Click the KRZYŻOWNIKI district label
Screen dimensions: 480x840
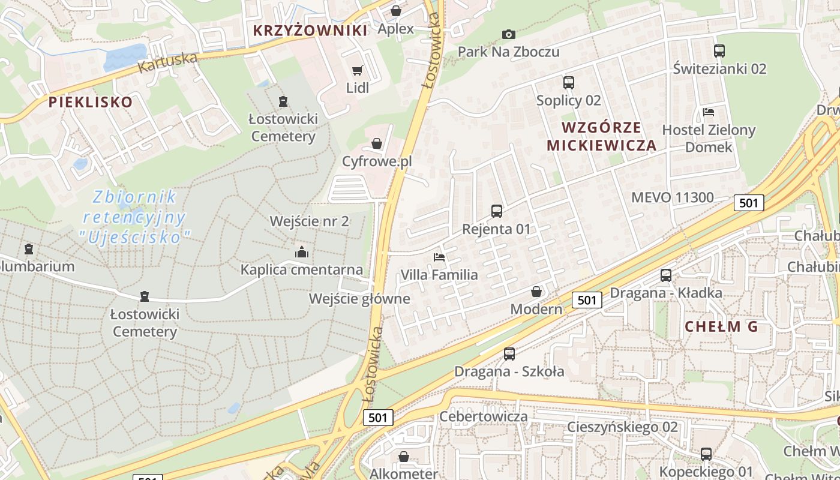(310, 31)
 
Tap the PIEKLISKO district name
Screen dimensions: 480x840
(91, 102)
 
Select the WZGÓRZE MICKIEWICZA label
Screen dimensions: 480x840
(602, 136)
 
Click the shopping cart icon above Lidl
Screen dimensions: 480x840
(358, 71)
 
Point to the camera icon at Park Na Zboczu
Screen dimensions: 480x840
(509, 34)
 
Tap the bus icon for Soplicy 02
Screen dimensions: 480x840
(569, 83)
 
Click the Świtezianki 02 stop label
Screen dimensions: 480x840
(719, 68)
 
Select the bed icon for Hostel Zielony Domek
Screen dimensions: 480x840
(709, 112)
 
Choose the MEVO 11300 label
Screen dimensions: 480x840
(673, 197)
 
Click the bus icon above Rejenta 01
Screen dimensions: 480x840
(497, 211)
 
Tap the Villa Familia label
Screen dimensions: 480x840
(439, 275)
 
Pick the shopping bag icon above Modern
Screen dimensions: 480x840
(536, 292)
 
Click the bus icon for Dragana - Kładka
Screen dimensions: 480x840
(666, 275)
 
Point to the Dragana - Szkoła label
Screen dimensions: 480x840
(509, 371)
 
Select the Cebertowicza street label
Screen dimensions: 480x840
(484, 416)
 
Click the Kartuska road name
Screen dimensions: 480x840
(167, 62)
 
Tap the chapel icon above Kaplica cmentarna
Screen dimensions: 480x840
(302, 252)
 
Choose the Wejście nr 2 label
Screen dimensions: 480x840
(309, 221)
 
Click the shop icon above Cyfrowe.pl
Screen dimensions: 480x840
(377, 143)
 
